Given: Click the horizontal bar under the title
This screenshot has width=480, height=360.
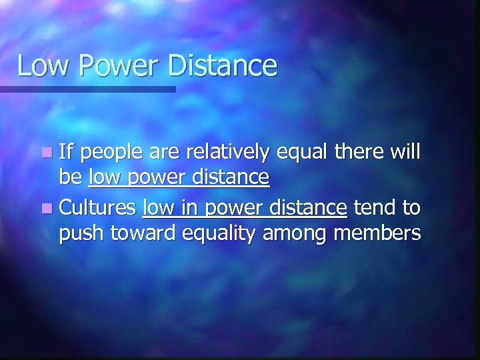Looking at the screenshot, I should (x=87, y=89).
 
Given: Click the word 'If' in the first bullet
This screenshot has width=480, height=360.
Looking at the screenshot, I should (x=66, y=152).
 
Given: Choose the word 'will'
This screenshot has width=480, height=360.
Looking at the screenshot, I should (x=407, y=152).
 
